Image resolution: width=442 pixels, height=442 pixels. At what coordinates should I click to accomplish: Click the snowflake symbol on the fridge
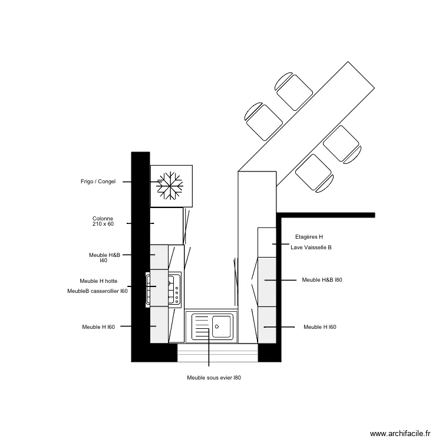click(170, 186)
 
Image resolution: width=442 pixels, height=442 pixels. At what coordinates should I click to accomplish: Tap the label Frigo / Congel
click(98, 182)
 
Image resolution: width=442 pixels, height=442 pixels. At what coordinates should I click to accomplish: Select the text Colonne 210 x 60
click(103, 221)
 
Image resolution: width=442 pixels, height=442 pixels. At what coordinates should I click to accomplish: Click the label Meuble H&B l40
click(104, 258)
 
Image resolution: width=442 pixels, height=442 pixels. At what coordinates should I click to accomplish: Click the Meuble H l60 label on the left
click(98, 326)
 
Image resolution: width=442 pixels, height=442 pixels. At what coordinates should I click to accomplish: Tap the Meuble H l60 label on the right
click(320, 326)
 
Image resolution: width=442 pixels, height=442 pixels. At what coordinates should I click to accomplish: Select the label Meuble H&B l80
click(322, 280)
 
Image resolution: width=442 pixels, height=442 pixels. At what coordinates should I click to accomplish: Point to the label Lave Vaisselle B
click(311, 248)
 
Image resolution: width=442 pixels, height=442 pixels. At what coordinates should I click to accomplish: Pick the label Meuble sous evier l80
click(213, 378)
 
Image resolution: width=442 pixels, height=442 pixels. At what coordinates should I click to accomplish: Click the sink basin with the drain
click(222, 325)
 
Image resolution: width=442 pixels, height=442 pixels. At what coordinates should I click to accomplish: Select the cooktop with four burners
click(174, 289)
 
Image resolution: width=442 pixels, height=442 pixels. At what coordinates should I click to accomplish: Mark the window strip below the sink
click(218, 353)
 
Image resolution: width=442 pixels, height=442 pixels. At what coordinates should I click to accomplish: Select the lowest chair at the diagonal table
click(314, 173)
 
